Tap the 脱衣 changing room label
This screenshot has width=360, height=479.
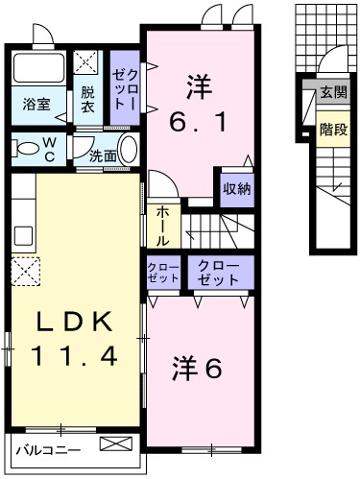87,100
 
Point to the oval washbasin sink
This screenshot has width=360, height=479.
129,151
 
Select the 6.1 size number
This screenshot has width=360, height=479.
200,123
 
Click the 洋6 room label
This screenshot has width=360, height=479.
199,367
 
